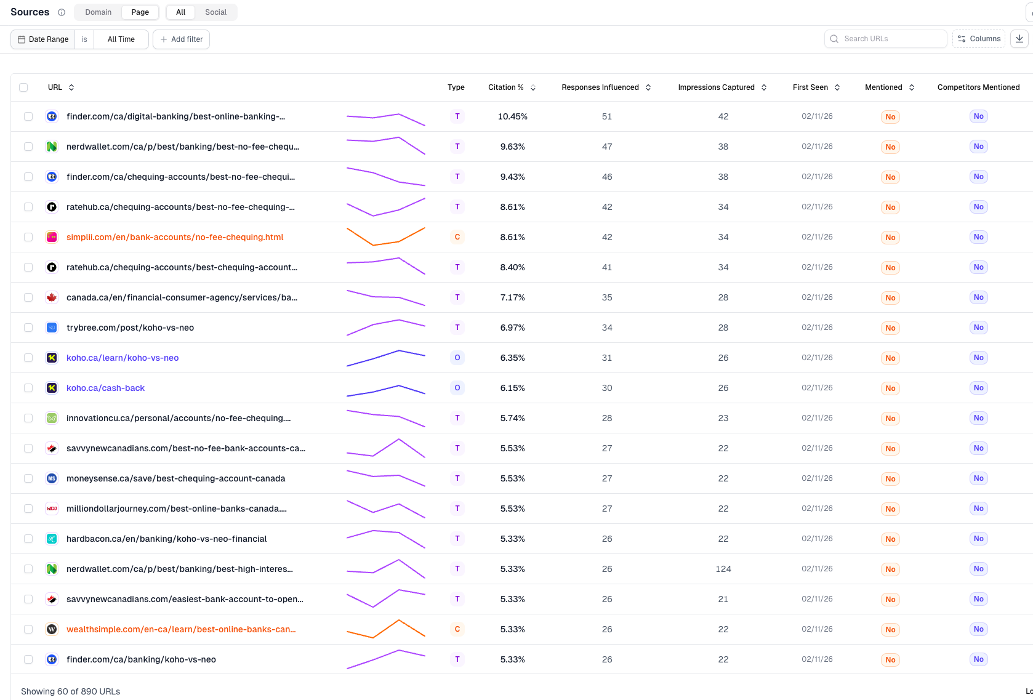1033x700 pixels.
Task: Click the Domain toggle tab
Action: (98, 12)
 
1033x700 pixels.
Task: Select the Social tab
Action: (215, 12)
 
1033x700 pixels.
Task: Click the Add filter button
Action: (182, 39)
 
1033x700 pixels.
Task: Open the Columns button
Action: (979, 39)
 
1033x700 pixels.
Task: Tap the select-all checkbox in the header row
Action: (23, 87)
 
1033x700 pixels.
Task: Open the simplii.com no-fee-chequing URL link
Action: (175, 237)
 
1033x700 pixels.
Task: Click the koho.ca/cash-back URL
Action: (105, 388)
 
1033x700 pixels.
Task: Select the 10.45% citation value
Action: (512, 116)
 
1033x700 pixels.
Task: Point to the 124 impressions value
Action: (723, 569)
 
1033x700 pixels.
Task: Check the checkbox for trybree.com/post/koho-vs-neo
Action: (28, 328)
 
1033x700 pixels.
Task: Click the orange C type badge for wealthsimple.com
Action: (457, 629)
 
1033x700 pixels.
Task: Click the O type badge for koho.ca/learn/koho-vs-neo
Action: (457, 358)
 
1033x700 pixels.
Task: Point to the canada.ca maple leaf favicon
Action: (52, 297)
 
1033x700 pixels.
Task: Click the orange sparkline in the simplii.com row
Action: (385, 237)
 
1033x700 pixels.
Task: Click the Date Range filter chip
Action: (43, 39)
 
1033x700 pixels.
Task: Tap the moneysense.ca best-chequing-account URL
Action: (175, 478)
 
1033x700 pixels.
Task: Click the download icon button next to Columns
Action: (1019, 39)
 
